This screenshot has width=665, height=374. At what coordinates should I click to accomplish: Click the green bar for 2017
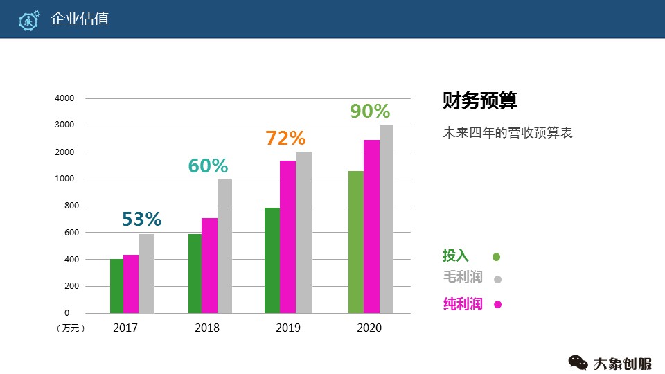pyautogui.click(x=116, y=286)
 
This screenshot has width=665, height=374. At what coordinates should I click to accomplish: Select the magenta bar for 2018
pyautogui.click(x=209, y=265)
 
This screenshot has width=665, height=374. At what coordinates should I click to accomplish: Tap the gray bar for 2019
pyautogui.click(x=304, y=233)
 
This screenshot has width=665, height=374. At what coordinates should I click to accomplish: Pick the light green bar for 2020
pyautogui.click(x=356, y=242)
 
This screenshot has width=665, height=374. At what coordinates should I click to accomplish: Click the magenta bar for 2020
pyautogui.click(x=371, y=226)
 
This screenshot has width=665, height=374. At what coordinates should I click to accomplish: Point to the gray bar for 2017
pyautogui.click(x=146, y=274)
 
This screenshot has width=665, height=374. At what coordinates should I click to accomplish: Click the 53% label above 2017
pyautogui.click(x=141, y=220)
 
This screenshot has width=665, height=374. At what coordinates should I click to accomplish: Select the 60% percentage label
pyautogui.click(x=208, y=166)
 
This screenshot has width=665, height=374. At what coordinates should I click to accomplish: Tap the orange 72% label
pyautogui.click(x=285, y=138)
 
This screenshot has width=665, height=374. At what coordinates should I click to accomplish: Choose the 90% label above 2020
pyautogui.click(x=370, y=112)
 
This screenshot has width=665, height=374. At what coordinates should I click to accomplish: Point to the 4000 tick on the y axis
pyautogui.click(x=64, y=98)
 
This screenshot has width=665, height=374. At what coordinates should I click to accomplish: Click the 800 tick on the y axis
pyautogui.click(x=67, y=206)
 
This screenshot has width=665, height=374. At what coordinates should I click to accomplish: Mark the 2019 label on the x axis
pyautogui.click(x=287, y=328)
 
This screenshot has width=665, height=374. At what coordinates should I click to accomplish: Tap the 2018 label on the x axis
pyautogui.click(x=207, y=328)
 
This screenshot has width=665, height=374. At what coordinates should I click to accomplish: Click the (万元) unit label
pyautogui.click(x=70, y=328)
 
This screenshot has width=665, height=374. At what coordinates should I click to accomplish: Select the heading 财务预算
pyautogui.click(x=480, y=101)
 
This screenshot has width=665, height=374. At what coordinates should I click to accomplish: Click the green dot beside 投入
pyautogui.click(x=497, y=257)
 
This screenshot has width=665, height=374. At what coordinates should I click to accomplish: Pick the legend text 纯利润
pyautogui.click(x=463, y=303)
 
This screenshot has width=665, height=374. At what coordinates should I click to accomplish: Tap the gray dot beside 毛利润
pyautogui.click(x=497, y=280)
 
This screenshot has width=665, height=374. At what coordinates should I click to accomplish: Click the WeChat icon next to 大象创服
pyautogui.click(x=578, y=362)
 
